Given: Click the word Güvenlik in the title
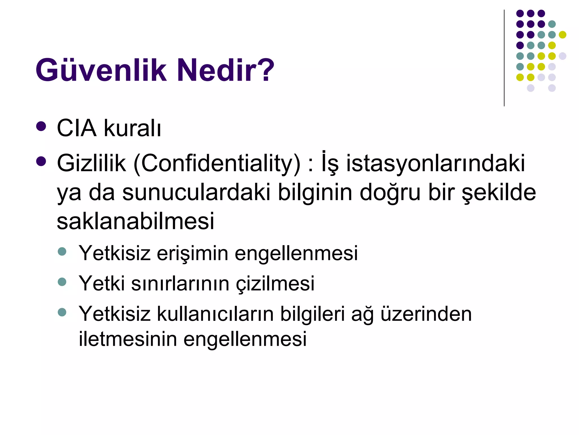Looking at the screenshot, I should pos(101,70).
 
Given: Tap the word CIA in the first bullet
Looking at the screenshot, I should pos(77,128).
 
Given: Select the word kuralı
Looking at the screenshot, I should pos(132,128).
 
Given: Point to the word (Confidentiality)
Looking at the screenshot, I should pos(217,164).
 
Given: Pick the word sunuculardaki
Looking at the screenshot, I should pos(196,193).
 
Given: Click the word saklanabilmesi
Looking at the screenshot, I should pos(135,221).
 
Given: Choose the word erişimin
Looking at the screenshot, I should pos(192,253).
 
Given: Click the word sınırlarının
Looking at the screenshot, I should pos(180,283).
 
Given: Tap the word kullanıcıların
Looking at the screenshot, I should pos(215,314).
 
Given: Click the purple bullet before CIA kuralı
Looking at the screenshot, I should pos(41,126).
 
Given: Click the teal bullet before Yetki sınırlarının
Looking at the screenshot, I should pos(62,282).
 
